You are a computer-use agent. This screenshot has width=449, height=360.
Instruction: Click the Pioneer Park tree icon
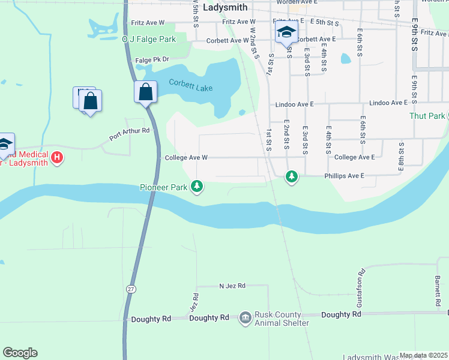pyautogui.click(x=197, y=187)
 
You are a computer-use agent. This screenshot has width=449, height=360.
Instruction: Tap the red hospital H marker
pyautogui.click(x=56, y=158)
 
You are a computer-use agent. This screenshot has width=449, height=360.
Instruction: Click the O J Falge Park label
pyautogui.click(x=149, y=39)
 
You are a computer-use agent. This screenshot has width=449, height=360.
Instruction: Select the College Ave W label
pyautogui.click(x=186, y=157)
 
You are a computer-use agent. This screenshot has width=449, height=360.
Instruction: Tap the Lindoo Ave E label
pyautogui.click(x=295, y=104)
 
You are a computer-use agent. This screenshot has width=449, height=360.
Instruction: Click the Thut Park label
pyautogui.click(x=427, y=116)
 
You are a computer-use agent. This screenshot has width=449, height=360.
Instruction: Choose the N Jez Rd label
pyautogui.click(x=232, y=286)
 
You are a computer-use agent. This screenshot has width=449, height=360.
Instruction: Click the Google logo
pyautogui.click(x=20, y=353)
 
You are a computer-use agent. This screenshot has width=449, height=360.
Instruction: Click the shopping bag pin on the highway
pyautogui.click(x=145, y=92)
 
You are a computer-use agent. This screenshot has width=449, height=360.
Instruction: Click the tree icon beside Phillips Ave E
pyautogui.click(x=292, y=176)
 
